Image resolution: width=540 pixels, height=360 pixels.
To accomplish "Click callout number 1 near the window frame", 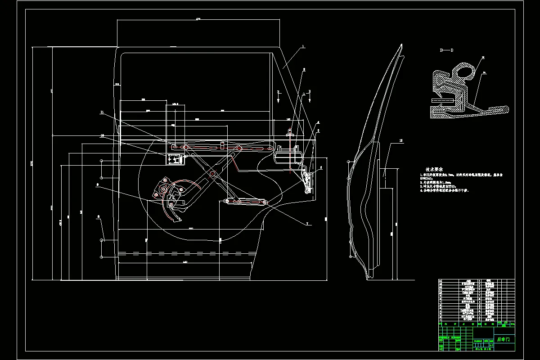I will tap(303, 46).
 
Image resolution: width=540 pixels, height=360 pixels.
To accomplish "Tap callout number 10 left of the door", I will tap(102, 135).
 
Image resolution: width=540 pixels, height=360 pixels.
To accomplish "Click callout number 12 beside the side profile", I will tap(401, 141).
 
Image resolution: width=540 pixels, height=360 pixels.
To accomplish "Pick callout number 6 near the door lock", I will tap(321, 168).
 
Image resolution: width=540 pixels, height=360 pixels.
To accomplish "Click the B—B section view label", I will tap(446, 50).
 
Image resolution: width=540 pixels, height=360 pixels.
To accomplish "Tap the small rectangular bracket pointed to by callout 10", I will tap(175, 159).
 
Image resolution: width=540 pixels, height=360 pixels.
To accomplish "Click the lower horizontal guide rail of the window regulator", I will tap(245, 202).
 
